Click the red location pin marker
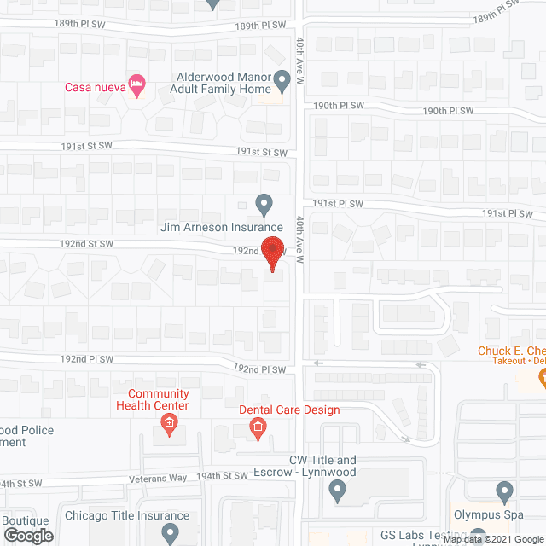coord(273,254)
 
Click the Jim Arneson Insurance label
coord(222,228)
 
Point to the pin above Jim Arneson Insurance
coord(264,205)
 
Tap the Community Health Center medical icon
coord(170,423)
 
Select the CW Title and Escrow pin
coord(337,491)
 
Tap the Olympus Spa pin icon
coord(504,491)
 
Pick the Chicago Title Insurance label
coord(127,516)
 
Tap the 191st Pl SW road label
coord(338,204)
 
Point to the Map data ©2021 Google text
coord(492,539)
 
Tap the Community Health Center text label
coord(159,399)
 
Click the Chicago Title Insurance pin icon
coord(170,534)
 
